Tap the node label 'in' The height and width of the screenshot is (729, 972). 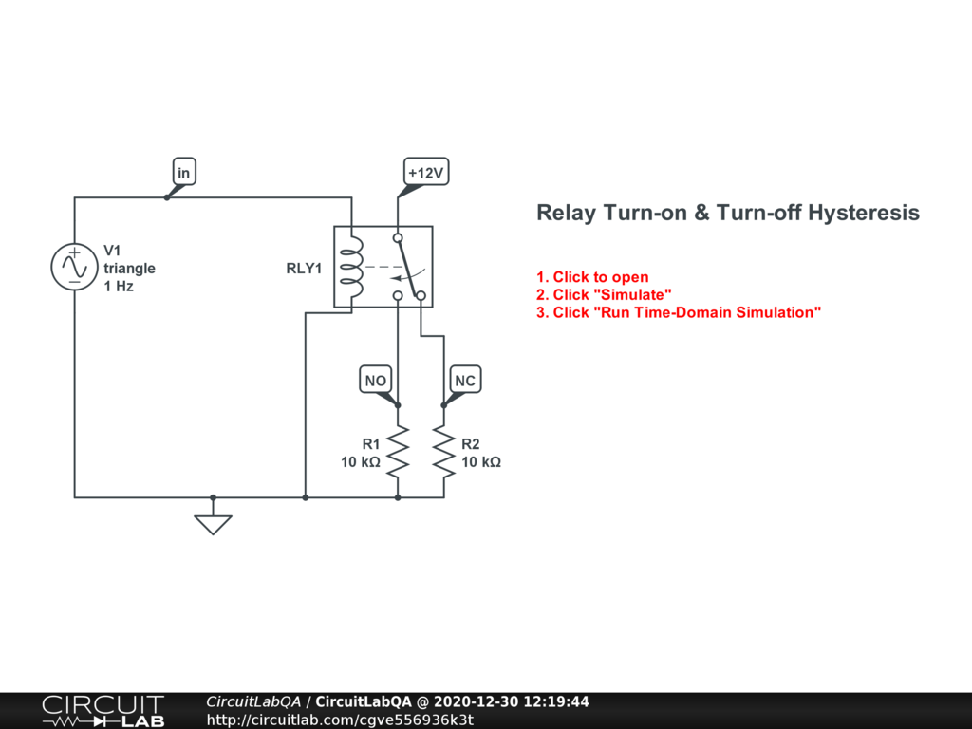click(184, 172)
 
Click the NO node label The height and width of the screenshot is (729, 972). click(376, 381)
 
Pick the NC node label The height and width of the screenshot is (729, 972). click(464, 381)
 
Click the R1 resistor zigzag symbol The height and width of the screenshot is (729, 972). click(397, 450)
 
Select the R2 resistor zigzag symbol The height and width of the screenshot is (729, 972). click(443, 450)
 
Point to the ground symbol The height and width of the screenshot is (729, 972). click(213, 524)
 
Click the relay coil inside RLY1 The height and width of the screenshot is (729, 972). click(351, 267)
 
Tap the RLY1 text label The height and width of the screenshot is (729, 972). click(304, 268)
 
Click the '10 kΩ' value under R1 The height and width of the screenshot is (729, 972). click(361, 462)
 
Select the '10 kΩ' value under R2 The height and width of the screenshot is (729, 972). click(481, 462)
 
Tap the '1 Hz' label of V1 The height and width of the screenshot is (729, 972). click(119, 286)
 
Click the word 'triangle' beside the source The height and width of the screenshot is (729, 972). click(129, 268)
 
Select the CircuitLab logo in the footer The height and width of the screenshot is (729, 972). click(103, 711)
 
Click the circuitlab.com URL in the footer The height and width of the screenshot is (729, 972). click(339, 720)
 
